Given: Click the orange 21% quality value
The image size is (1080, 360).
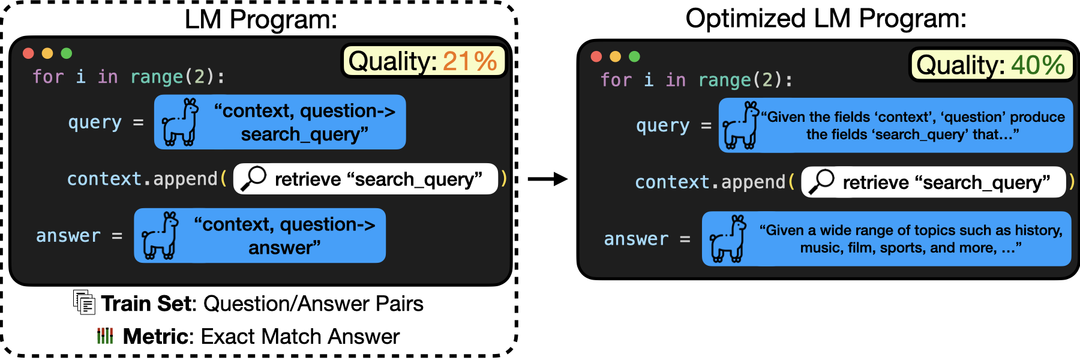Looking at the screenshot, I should pyautogui.click(x=470, y=61).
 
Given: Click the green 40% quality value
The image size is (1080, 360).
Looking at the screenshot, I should pyautogui.click(x=1037, y=65).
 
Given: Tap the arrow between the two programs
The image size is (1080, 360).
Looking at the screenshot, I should pyautogui.click(x=547, y=179).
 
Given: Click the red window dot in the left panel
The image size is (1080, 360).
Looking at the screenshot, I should pyautogui.click(x=28, y=53).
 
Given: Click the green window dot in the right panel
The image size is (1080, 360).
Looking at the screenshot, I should pyautogui.click(x=634, y=56).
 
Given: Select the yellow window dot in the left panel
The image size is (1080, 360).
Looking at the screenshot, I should pyautogui.click(x=47, y=53).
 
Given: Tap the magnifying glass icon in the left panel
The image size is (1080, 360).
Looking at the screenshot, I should pyautogui.click(x=253, y=179).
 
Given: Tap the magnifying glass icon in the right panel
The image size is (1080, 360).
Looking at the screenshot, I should pyautogui.click(x=821, y=182).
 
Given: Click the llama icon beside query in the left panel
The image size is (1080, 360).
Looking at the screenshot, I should pyautogui.click(x=181, y=122).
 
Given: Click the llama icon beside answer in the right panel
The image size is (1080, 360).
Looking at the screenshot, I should pyautogui.click(x=728, y=239).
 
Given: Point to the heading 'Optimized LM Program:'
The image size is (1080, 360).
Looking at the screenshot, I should pyautogui.click(x=826, y=19).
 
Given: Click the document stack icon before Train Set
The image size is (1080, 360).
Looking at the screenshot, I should pyautogui.click(x=84, y=302).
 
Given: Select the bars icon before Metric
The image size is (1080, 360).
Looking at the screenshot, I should pyautogui.click(x=105, y=335).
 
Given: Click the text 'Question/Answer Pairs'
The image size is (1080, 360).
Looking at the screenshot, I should pyautogui.click(x=313, y=304).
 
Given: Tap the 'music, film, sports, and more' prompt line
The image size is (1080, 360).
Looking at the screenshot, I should pyautogui.click(x=910, y=248).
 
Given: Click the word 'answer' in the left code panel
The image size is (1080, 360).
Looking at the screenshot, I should pyautogui.click(x=68, y=236).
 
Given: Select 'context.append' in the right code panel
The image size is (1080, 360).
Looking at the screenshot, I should pyautogui.click(x=710, y=182).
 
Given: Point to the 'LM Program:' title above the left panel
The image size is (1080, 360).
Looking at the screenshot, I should pyautogui.click(x=261, y=19).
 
